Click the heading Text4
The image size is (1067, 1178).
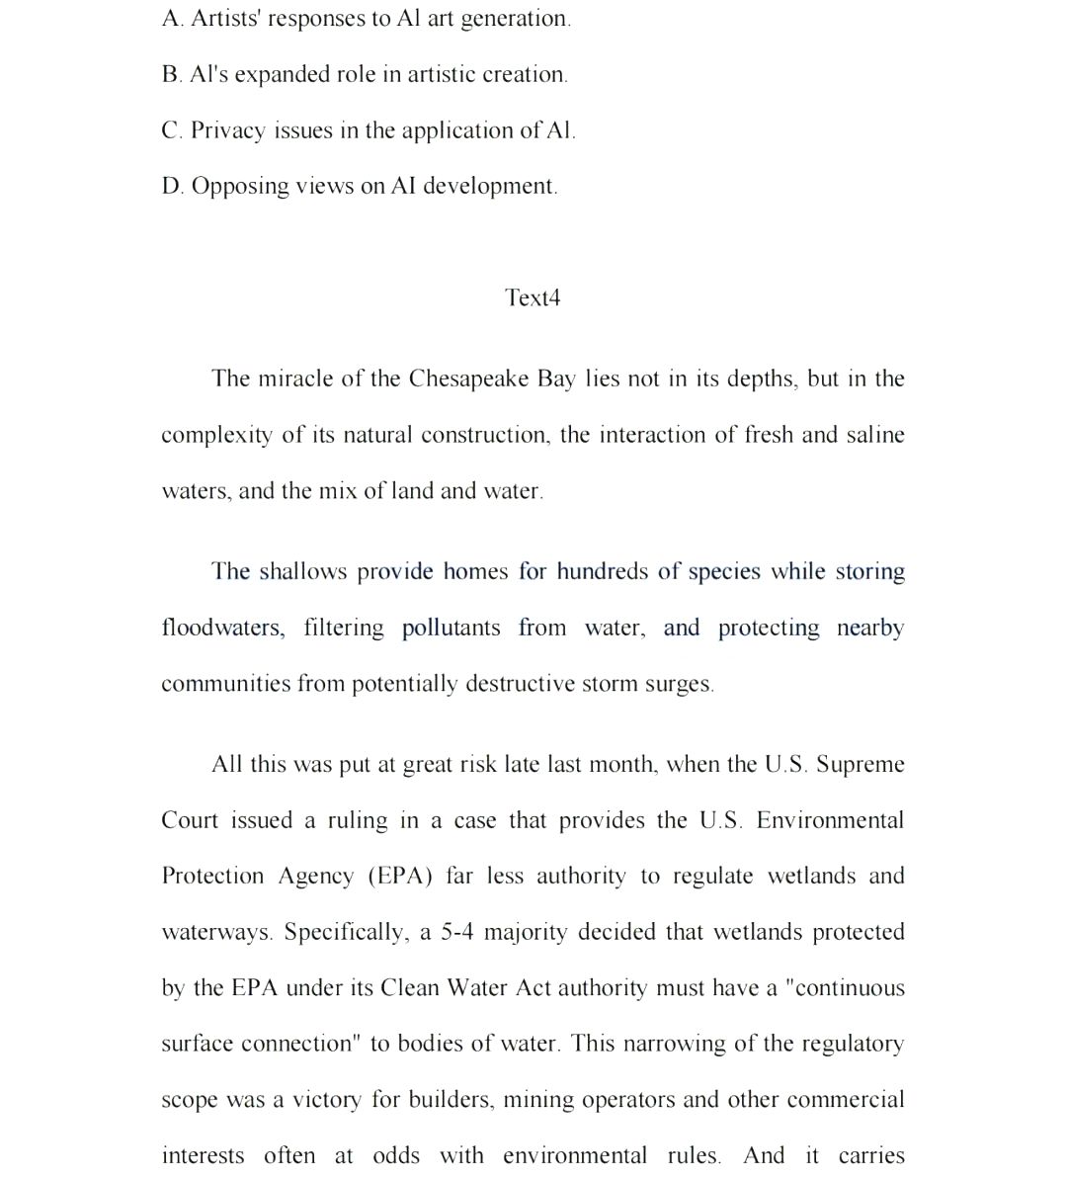point(533,297)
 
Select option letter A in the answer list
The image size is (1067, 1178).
point(171,18)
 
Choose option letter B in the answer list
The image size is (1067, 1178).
point(171,74)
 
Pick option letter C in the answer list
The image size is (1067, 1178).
point(171,130)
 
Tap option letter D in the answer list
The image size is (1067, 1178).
point(172,186)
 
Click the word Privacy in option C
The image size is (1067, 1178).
point(227,130)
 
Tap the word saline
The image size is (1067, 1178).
point(875,435)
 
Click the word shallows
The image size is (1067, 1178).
point(303,571)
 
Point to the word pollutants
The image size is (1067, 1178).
point(451,628)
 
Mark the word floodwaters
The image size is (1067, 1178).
point(223,628)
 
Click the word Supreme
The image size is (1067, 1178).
point(861,764)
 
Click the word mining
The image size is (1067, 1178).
point(540,1100)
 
